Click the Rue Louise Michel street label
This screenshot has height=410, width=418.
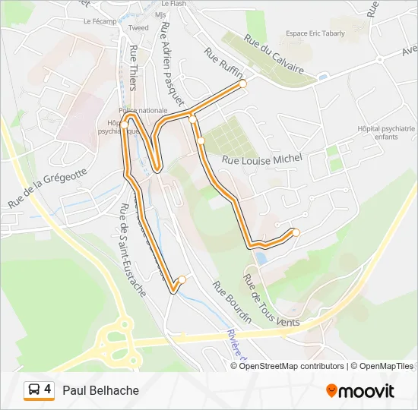point(262,158)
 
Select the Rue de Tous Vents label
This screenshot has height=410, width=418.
point(271,303)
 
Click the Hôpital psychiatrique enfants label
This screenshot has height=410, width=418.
point(386,133)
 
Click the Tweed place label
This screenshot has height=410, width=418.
point(138,28)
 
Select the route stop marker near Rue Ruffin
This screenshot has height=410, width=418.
point(243,84)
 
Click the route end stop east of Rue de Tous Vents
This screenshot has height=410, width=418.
point(296,232)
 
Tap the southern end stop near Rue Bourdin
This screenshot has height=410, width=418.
point(182,279)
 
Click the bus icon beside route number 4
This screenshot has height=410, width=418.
point(33,390)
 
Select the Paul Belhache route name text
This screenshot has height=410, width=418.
point(101,390)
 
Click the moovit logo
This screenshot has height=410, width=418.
point(360,391)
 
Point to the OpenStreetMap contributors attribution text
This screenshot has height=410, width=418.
point(292,366)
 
